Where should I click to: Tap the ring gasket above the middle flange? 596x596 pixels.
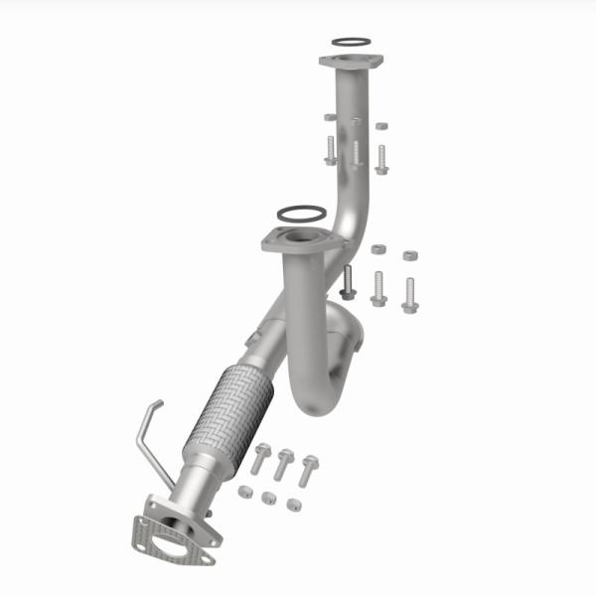click(298, 214)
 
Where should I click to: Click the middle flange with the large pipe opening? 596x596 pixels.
click(295, 241)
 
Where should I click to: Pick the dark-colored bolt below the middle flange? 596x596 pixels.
click(347, 282)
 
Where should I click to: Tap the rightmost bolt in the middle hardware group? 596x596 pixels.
click(409, 294)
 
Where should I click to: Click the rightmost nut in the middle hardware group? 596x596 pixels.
click(409, 255)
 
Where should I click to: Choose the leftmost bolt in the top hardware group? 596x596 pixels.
click(330, 150)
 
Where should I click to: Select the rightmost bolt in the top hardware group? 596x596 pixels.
click(381, 159)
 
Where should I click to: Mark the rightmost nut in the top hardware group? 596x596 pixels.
click(381, 127)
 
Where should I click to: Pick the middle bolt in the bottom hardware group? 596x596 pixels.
click(283, 463)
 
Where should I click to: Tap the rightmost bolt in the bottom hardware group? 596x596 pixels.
click(308, 469)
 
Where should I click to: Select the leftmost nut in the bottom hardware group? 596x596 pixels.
click(244, 491)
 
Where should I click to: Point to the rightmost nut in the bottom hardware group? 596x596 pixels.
click(294, 504)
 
